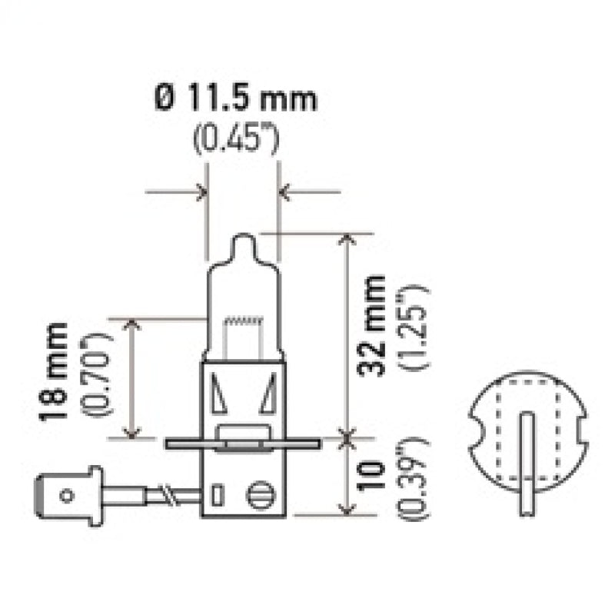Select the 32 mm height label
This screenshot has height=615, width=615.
pos(374,323)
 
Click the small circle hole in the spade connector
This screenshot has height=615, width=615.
pos(67,496)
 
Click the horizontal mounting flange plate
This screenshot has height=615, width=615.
pos(242,443)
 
